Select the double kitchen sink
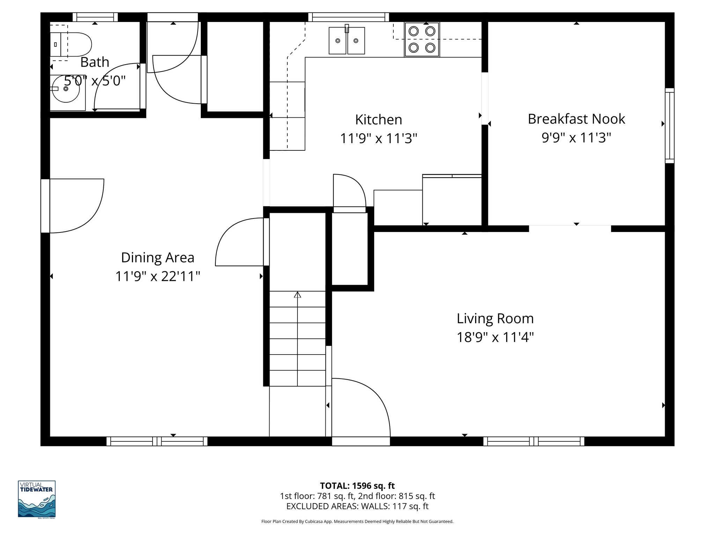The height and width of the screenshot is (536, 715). pyautogui.click(x=347, y=41)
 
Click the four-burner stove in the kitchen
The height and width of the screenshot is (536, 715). pyautogui.click(x=422, y=39)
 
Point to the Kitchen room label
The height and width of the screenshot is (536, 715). pyautogui.click(x=378, y=120)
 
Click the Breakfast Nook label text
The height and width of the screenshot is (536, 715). pyautogui.click(x=576, y=119)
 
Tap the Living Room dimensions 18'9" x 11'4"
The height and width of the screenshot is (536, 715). pyautogui.click(x=495, y=337)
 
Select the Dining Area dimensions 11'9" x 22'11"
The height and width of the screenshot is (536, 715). pyautogui.click(x=158, y=276)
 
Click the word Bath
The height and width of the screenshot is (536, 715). pyautogui.click(x=95, y=62)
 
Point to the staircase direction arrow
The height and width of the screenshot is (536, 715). pyautogui.click(x=297, y=295)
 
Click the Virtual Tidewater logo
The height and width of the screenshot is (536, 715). pyautogui.click(x=37, y=499)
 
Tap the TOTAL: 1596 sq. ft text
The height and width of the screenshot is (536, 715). pyautogui.click(x=357, y=486)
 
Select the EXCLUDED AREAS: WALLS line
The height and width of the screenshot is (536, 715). pyautogui.click(x=357, y=506)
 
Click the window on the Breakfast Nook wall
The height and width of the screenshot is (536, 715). pyautogui.click(x=669, y=126)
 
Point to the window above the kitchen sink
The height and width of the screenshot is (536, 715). pyautogui.click(x=348, y=17)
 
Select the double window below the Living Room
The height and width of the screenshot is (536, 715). pyautogui.click(x=533, y=441)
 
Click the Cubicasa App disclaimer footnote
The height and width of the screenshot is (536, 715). pyautogui.click(x=357, y=522)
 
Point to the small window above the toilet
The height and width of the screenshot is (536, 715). pyautogui.click(x=95, y=17)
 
